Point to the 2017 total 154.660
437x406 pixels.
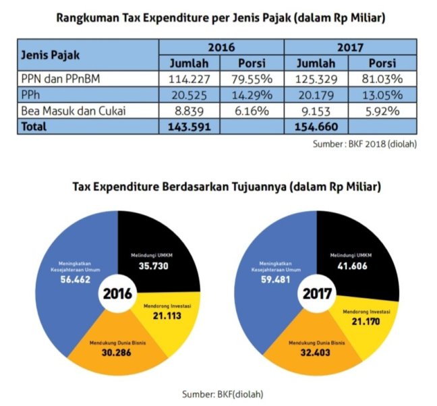(317, 126)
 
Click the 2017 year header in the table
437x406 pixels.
(348, 47)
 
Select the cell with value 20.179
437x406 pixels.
(317, 94)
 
